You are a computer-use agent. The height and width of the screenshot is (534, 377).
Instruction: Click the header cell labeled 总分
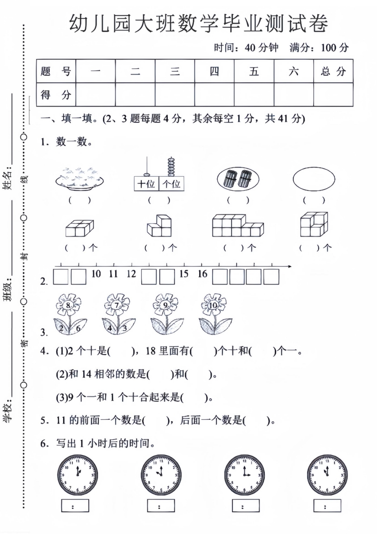tap(333, 71)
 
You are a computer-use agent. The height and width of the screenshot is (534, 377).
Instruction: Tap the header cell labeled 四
tap(214, 71)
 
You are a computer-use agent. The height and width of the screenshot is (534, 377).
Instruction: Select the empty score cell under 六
tap(294, 94)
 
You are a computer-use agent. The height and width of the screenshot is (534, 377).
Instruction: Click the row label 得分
tap(56, 94)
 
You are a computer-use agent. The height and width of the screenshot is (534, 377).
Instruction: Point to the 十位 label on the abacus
tap(146, 184)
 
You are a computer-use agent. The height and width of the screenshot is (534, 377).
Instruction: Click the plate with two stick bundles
tap(238, 179)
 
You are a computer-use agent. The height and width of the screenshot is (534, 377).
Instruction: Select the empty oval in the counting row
tap(314, 179)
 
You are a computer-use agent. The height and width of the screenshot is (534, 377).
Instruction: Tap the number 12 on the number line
tap(131, 274)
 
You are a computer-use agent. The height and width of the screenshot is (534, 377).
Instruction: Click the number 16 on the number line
tap(202, 274)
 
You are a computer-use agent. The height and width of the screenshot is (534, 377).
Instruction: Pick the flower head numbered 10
tap(213, 304)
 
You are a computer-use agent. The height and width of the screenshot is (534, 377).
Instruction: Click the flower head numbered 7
tap(116, 304)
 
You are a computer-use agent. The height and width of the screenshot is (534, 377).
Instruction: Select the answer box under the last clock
tap(327, 506)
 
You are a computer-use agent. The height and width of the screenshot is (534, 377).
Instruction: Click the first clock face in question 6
tap(77, 475)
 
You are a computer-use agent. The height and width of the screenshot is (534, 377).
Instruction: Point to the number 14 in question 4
tap(87, 374)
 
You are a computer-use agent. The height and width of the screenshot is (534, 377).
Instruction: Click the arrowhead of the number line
tap(290, 266)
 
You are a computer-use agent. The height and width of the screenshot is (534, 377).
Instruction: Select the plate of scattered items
tap(79, 178)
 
